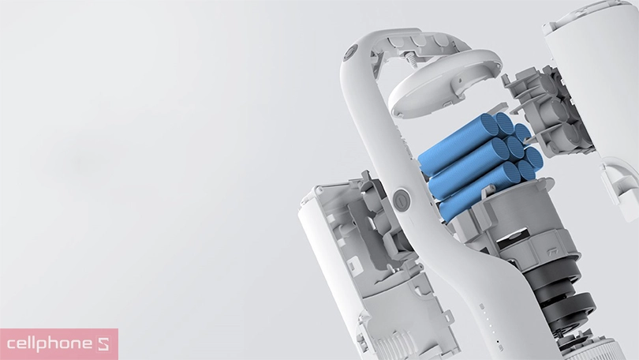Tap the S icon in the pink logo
(x=105, y=344)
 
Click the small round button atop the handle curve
(x=350, y=53)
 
